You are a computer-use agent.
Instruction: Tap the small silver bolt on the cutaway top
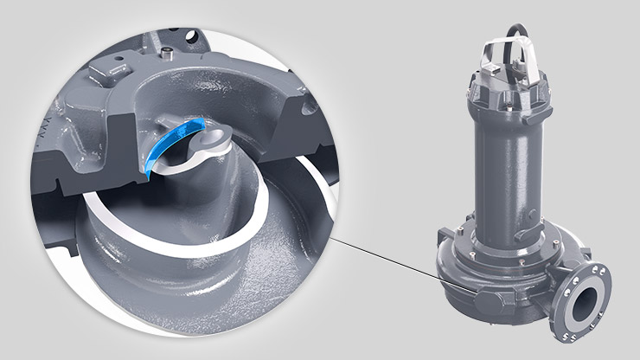pyautogui.click(x=163, y=55)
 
